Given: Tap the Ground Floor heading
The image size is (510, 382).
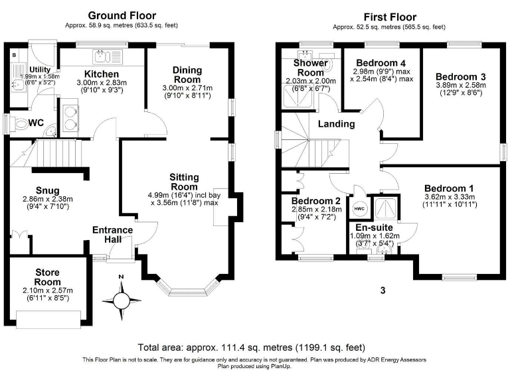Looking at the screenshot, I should click(x=122, y=15).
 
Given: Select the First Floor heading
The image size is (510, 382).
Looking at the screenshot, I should click(x=390, y=17).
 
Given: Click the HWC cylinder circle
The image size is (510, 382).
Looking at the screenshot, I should click(x=359, y=209).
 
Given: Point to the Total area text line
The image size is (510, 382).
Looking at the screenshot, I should click(x=252, y=347).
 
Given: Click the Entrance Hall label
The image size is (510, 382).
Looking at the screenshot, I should click(x=112, y=234).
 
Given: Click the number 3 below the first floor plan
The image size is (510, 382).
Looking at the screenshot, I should click(x=382, y=290).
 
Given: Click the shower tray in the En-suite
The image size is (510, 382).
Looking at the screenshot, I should click(x=383, y=208).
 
